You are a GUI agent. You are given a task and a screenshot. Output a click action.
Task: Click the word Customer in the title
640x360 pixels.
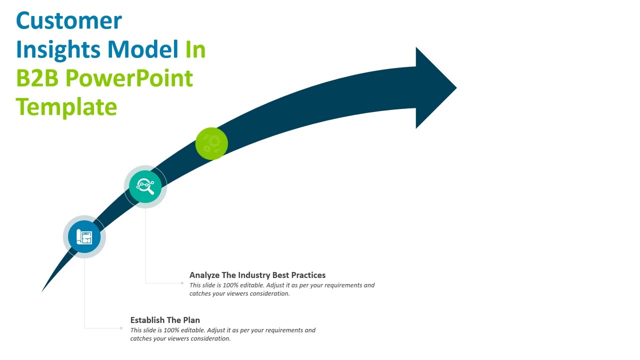point(69,21)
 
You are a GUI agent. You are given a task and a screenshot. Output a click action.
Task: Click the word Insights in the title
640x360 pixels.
point(58,49)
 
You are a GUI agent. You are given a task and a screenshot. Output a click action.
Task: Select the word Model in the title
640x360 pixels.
point(143,49)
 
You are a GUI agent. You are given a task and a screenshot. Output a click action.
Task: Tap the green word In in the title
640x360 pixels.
point(195,49)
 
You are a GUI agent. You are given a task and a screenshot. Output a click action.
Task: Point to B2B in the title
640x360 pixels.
point(37,78)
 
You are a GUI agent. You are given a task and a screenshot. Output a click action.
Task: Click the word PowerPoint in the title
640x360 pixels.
point(129,78)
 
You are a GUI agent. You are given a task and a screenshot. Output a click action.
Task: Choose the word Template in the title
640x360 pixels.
point(66,107)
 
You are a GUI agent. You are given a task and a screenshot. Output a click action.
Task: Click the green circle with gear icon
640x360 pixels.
point(211,143)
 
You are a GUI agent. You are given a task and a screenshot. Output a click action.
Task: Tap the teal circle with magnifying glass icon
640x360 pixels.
point(145,186)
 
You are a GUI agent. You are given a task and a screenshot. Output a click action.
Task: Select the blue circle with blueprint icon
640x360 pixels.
point(84,236)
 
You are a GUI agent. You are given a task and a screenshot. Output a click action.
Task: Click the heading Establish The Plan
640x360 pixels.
point(165,320)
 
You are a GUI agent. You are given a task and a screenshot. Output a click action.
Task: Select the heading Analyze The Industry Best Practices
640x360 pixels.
point(257,275)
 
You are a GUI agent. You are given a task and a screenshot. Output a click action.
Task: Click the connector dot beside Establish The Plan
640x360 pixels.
point(121,328)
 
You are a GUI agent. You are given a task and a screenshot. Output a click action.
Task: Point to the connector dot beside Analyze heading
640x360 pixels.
point(182,283)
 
